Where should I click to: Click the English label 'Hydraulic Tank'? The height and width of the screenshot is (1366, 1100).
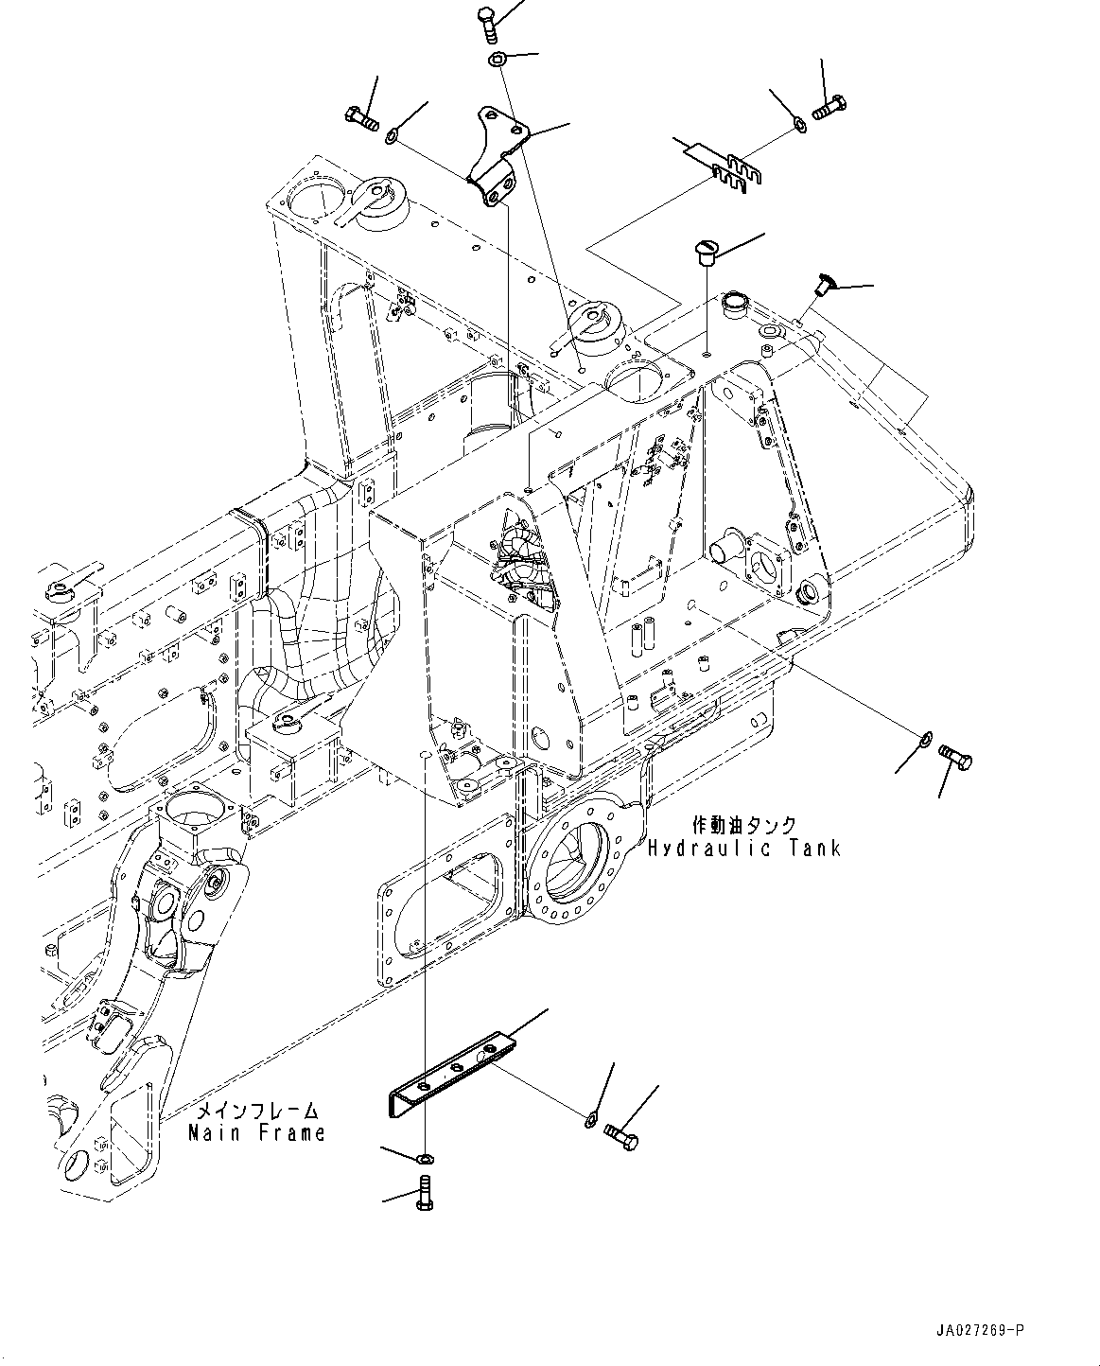click(x=743, y=848)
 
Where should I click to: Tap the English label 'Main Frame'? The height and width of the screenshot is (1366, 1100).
click(x=256, y=1132)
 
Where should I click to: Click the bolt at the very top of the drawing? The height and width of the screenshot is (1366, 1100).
click(x=487, y=21)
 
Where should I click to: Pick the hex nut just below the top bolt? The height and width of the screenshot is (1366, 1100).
click(x=498, y=61)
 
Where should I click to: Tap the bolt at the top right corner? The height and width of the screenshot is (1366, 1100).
click(x=830, y=109)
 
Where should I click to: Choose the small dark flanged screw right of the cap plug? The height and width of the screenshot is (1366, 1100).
click(x=824, y=281)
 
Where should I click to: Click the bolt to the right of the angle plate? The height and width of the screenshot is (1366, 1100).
click(x=620, y=1134)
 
